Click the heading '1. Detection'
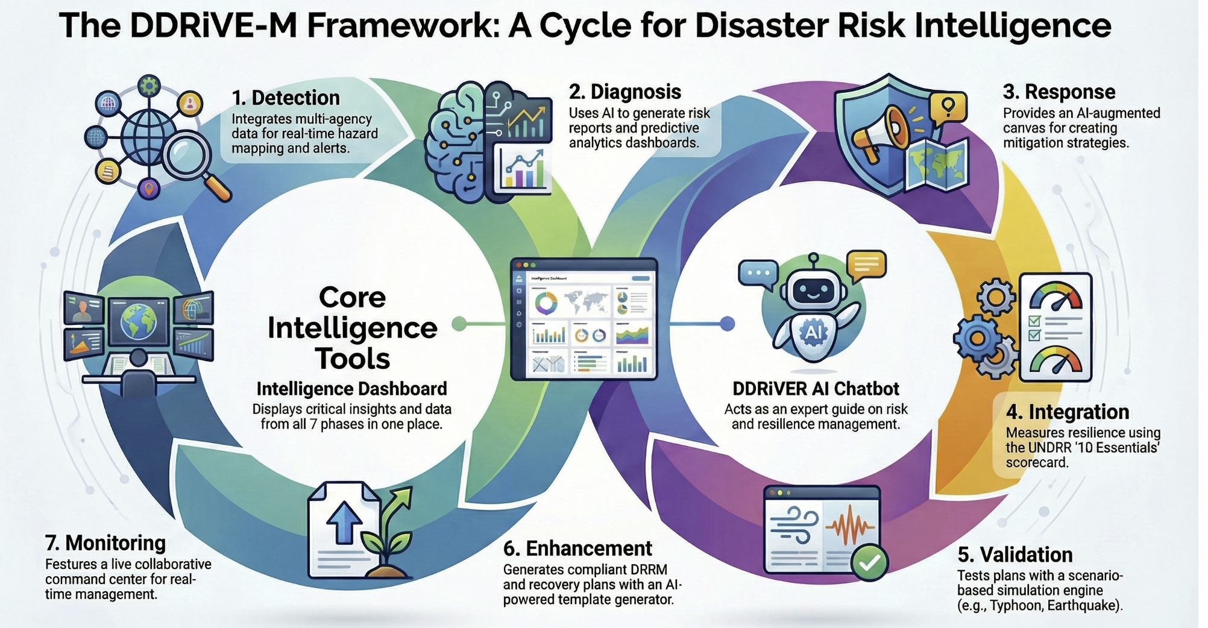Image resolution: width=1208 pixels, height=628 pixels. tap(286, 98)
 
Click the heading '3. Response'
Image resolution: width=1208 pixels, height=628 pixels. tap(1059, 92)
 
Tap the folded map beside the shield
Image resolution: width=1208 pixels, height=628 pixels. tap(937, 163)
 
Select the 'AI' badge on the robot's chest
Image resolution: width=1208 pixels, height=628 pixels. tap(813, 332)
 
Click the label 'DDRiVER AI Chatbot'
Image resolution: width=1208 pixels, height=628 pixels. tap(816, 389)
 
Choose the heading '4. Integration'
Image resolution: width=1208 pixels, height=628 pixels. tap(1068, 412)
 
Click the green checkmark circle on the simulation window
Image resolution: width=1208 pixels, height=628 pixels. tap(869, 562)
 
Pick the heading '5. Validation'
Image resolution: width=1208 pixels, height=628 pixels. tap(1015, 554)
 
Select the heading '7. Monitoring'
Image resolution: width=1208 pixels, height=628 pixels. tap(105, 543)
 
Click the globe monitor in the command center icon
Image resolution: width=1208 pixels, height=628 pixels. tap(138, 322)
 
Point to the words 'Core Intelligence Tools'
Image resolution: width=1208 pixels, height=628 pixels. tap(353, 328)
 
